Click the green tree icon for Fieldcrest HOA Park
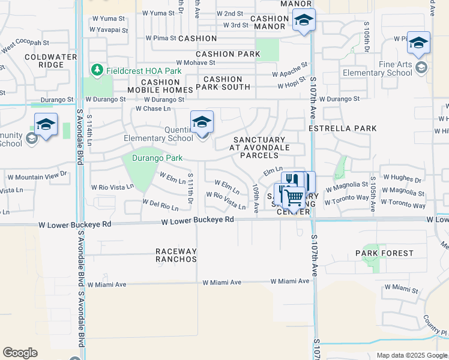pos(97,71)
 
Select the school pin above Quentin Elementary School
pos(202,122)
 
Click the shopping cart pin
pos(294,196)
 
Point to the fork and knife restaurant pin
pos(291,181)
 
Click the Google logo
pos(20,353)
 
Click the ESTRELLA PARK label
pos(342,128)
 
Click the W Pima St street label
pos(161,38)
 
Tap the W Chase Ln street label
pos(153,109)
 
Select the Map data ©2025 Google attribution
pos(411,355)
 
